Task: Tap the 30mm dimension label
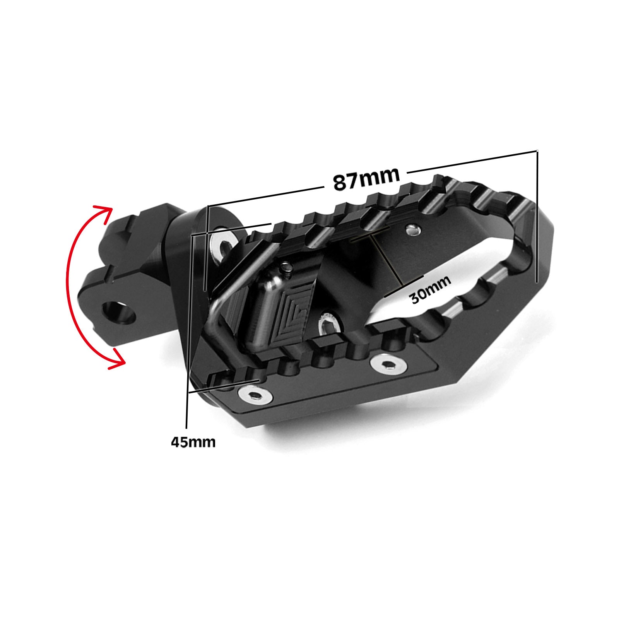430,289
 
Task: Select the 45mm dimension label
193,441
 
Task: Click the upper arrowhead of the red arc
106,212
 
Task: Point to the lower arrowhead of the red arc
118,360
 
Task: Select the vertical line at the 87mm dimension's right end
537,217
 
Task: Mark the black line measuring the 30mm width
387,259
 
